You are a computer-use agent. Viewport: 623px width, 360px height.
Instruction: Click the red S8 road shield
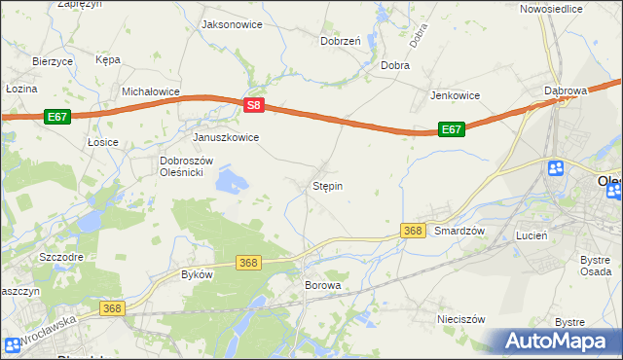253,105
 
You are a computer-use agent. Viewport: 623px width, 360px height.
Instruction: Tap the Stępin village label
327,185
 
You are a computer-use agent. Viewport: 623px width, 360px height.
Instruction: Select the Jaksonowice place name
231,23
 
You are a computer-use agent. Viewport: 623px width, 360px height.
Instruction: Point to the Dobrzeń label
341,41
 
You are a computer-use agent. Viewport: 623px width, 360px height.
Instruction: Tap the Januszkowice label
226,137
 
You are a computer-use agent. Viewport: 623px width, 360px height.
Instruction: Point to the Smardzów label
459,231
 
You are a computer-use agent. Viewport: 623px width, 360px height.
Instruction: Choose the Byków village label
197,274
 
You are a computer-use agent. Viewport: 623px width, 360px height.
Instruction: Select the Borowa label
323,285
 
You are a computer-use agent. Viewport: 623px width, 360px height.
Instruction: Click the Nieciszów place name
461,318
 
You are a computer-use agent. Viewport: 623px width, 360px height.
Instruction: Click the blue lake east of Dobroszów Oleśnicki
231,180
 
